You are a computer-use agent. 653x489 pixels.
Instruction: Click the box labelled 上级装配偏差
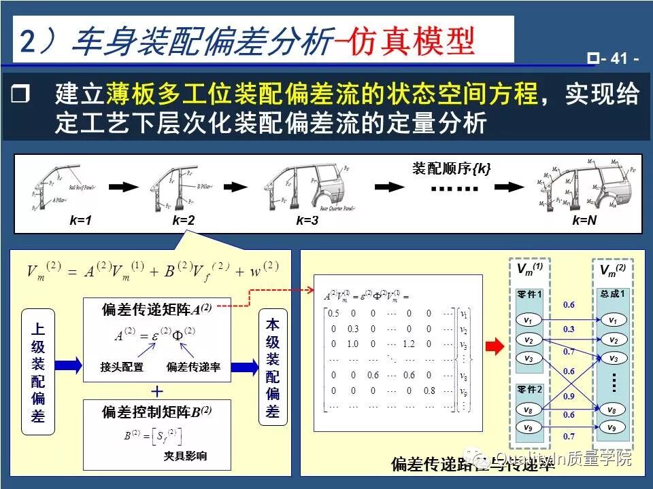[x=39, y=372]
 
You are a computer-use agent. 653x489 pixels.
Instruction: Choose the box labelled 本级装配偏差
[x=272, y=369]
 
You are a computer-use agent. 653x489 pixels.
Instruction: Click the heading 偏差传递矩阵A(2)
[x=156, y=308]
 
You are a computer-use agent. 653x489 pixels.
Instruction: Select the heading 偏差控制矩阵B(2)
[x=156, y=412]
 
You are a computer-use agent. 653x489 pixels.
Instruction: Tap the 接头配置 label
[x=122, y=367]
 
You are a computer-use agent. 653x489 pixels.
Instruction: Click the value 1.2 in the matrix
[x=407, y=344]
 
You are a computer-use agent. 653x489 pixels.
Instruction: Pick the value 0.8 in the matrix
[x=429, y=391]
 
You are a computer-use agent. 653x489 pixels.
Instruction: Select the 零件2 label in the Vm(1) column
[x=528, y=389]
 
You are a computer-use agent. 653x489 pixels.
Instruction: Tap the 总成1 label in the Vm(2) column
[x=613, y=294]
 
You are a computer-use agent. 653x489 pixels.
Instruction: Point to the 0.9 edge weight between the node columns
[x=569, y=396]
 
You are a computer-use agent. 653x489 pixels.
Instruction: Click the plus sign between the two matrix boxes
[x=157, y=392]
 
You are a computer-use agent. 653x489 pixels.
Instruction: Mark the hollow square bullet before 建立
[x=21, y=95]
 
